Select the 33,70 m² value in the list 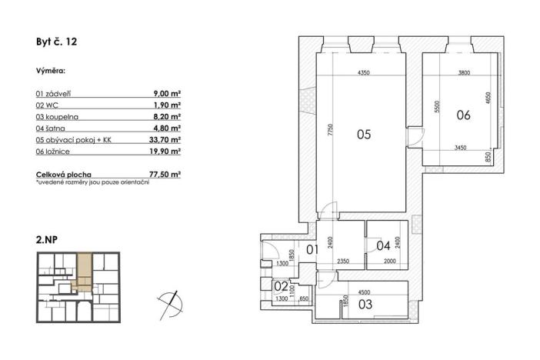(165, 141)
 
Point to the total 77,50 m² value (165, 175)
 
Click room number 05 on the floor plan (364, 135)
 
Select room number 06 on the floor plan (463, 115)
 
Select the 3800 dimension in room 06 (464, 73)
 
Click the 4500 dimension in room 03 (365, 292)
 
